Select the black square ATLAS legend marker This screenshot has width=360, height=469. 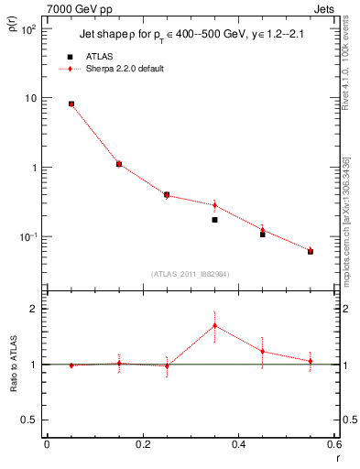[71, 57]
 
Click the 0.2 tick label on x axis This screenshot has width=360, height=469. [142, 444]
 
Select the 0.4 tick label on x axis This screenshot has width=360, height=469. [240, 444]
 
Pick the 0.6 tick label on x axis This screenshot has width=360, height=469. [335, 444]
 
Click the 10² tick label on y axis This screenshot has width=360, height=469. [27, 29]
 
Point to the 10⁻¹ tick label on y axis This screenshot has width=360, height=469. [27, 237]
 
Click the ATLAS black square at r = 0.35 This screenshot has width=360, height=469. [214, 220]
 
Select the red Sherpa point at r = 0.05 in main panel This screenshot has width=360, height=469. [71, 104]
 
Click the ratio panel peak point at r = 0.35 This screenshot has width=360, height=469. [214, 325]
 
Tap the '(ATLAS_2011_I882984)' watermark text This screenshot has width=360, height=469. [190, 273]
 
